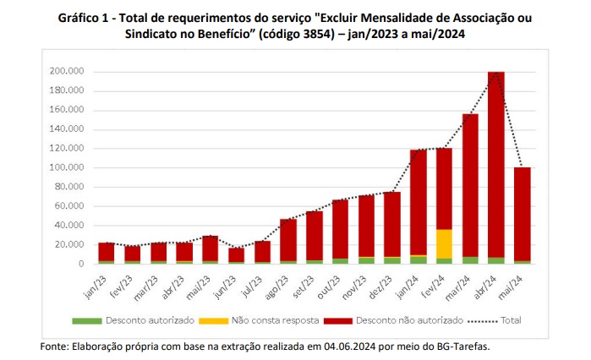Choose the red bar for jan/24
(x=418, y=203)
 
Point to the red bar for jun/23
(x=237, y=254)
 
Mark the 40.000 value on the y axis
(x=68, y=226)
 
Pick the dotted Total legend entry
(x=506, y=322)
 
